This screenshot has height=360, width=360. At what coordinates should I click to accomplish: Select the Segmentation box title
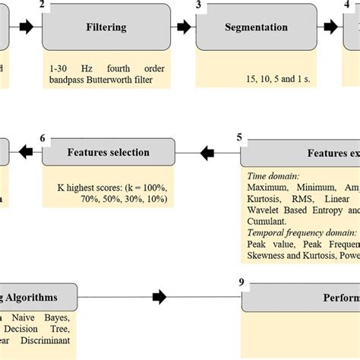pos(256,27)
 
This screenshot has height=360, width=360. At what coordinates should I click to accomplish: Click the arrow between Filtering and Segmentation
pos(185,27)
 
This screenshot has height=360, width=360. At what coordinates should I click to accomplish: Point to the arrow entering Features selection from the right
pos(209,153)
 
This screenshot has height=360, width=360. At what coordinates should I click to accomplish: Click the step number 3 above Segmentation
pos(198,5)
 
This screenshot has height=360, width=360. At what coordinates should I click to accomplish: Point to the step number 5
pos(240,137)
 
